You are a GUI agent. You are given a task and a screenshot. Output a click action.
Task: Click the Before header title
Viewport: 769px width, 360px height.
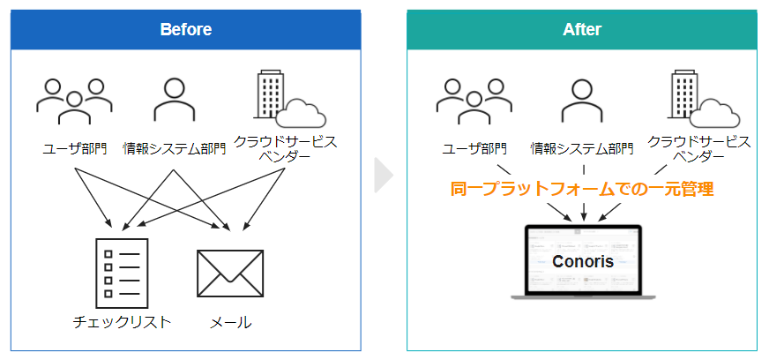185,29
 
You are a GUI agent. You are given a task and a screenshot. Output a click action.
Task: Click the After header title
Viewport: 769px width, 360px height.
582,29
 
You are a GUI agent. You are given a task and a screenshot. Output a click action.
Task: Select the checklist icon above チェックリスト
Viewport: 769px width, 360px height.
123,273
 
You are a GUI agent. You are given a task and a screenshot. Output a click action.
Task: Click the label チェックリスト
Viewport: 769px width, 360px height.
123,322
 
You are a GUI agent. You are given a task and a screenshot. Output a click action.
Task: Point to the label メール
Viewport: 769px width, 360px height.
230,322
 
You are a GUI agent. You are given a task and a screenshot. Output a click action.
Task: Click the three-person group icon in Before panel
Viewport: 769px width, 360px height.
75,103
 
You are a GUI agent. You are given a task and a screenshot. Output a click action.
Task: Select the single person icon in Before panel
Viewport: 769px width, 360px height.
174,99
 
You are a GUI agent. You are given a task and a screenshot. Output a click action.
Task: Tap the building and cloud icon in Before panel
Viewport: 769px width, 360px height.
288,100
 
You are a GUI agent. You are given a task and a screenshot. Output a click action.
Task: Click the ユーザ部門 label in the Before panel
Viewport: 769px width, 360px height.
75,147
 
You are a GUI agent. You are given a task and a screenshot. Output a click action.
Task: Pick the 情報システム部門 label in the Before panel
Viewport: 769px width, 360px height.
174,147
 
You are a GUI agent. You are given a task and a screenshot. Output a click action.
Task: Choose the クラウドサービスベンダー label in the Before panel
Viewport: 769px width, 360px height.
285,148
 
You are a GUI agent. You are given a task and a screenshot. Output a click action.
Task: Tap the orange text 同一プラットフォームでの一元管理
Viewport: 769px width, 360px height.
582,188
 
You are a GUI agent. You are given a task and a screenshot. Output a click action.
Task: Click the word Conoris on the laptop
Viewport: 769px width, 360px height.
582,262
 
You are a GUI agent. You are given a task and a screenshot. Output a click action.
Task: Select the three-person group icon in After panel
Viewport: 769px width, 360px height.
474,103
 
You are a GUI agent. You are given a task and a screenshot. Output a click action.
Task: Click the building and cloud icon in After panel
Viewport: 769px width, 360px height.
704,100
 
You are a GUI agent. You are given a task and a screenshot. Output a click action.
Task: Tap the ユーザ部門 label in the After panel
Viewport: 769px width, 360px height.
474,147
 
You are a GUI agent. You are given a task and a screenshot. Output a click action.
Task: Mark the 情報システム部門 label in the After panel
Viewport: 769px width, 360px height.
582,147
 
